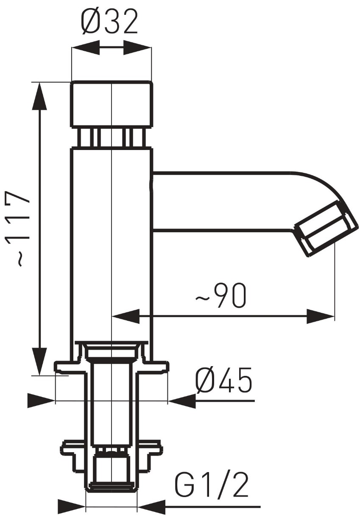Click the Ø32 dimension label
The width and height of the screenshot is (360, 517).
tap(109, 22)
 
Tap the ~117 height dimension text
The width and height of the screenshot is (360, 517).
tap(18, 228)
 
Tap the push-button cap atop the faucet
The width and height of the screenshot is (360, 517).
tap(111, 104)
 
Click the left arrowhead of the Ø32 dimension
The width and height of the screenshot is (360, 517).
tap(86, 48)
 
